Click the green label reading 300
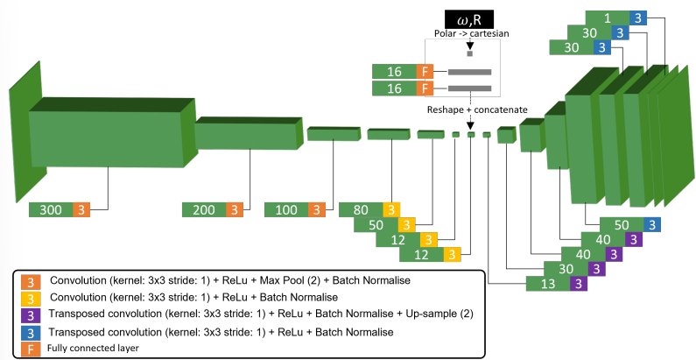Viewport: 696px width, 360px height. coord(50,210)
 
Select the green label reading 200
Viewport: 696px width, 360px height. coord(203,210)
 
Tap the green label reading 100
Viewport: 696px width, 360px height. coord(285,210)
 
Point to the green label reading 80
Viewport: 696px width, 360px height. coord(361,210)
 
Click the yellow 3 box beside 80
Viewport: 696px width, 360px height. coord(391,210)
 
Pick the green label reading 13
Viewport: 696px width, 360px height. coord(548,283)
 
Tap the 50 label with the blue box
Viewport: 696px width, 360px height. coord(621,224)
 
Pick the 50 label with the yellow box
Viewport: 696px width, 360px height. coord(376,224)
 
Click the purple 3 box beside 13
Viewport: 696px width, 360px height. coord(578,283)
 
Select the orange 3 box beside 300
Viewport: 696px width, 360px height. coord(81,210)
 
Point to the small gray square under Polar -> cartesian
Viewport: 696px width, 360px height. coord(469,53)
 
